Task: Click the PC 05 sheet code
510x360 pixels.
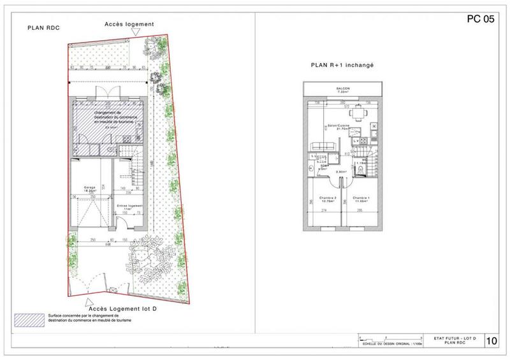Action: pyautogui.click(x=481, y=19)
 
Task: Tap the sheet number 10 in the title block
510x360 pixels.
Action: pyautogui.click(x=492, y=341)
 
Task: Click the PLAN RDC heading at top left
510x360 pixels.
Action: pyautogui.click(x=42, y=29)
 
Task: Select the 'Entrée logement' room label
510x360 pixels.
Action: pyautogui.click(x=130, y=207)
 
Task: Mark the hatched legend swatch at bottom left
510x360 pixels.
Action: pyautogui.click(x=30, y=317)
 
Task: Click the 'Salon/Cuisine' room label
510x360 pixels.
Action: pyautogui.click(x=336, y=127)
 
